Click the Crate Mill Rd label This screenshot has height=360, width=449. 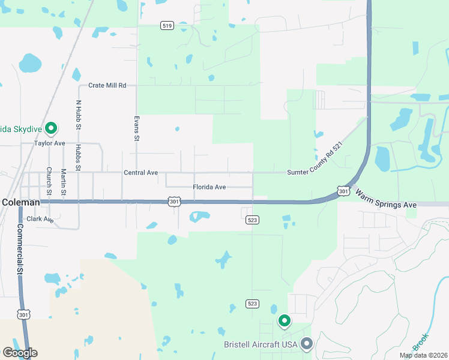(107, 86)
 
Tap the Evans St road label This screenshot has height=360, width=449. (137, 128)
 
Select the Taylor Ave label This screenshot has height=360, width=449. (49, 144)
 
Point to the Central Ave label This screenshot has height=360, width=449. (140, 173)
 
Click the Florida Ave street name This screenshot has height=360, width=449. (209, 187)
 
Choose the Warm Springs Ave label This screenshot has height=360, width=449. (386, 200)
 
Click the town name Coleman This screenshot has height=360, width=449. (21, 203)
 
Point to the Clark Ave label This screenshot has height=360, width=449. (40, 220)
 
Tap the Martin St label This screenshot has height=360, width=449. (64, 181)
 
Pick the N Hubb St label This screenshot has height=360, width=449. (78, 114)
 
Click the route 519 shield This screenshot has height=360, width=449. (167, 25)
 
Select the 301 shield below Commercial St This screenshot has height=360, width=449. (23, 314)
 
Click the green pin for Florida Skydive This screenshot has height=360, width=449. (52, 128)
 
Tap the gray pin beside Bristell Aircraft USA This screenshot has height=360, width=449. (307, 344)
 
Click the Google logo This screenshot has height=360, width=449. (19, 353)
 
